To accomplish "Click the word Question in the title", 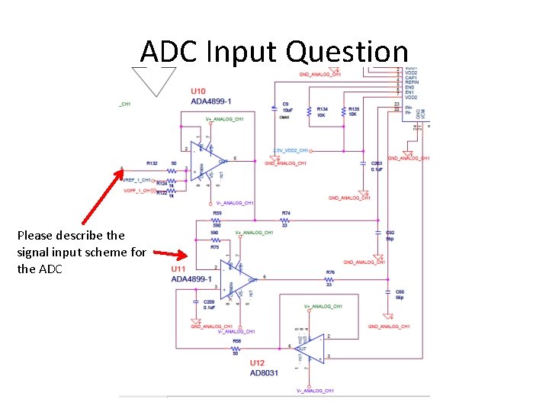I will click(347, 52).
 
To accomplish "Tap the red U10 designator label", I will click(199, 92).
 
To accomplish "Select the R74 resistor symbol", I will click(285, 220).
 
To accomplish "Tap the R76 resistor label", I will click(330, 272).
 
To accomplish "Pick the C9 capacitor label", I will click(285, 104).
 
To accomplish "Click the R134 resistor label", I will click(322, 109).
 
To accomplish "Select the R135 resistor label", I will click(353, 109).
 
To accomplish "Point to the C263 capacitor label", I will click(376, 163).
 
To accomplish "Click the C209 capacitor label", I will click(209, 302).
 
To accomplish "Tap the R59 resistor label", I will click(217, 213).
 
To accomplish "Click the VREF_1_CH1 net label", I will click(137, 180).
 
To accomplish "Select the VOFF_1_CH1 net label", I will click(137, 191).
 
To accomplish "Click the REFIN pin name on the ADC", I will click(411, 82).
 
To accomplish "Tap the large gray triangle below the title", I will click(154, 80).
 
